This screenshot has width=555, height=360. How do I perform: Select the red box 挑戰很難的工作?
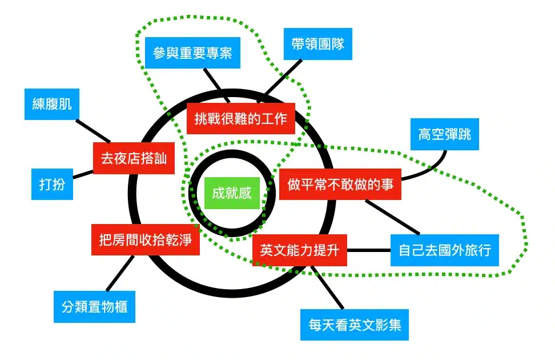click(240, 118)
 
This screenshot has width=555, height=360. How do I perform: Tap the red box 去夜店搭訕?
click(134, 158)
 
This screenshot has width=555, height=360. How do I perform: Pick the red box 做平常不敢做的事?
click(340, 185)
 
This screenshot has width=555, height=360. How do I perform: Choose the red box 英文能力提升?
click(299, 250)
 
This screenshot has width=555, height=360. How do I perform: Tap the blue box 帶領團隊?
click(317, 44)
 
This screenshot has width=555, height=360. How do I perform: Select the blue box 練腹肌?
click(52, 104)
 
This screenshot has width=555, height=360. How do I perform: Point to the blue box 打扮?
click(52, 184)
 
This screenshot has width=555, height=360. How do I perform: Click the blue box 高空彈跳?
click(445, 135)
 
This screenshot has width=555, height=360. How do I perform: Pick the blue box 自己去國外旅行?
click(445, 250)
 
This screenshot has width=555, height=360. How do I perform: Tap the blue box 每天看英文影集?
click(355, 325)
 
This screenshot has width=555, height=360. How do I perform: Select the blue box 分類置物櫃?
click(94, 307)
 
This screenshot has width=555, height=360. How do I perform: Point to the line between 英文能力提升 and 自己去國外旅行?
click(368, 250)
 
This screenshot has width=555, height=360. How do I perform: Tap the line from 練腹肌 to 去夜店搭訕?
click(93, 131)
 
